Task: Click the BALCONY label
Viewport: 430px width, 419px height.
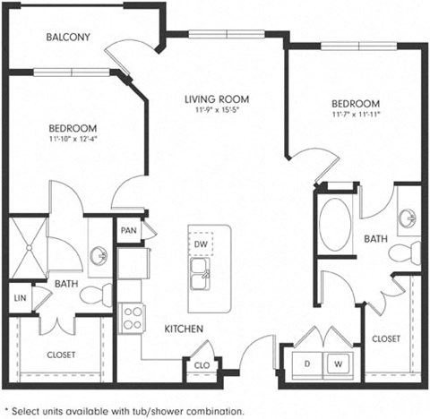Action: pyautogui.click(x=68, y=38)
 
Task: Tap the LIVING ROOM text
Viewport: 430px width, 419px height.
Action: pyautogui.click(x=216, y=99)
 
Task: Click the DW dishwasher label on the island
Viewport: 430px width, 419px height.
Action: pyautogui.click(x=202, y=244)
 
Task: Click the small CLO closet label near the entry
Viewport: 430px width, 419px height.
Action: pyautogui.click(x=202, y=364)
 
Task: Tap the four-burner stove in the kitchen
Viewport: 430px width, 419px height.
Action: pyautogui.click(x=133, y=318)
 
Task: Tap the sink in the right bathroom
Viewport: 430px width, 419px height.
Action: pyautogui.click(x=408, y=218)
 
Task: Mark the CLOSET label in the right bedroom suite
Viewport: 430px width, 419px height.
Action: pyautogui.click(x=386, y=338)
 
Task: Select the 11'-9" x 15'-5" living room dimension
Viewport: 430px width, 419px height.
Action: pyautogui.click(x=216, y=112)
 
